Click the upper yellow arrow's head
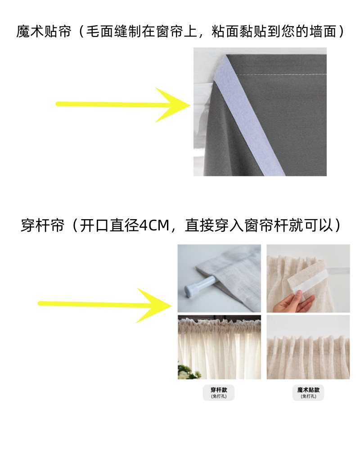[175, 104]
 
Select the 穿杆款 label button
[219, 392]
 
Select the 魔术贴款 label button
[308, 392]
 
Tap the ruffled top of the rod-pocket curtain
[219, 323]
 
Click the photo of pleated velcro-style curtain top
[308, 346]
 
